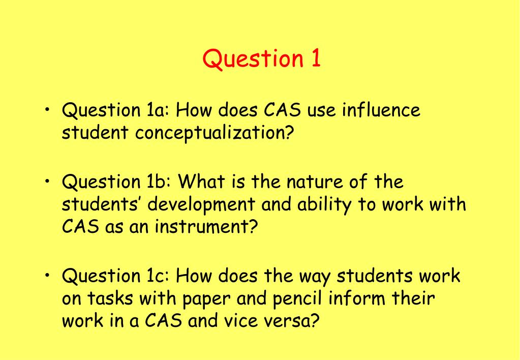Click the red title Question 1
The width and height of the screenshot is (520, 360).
tap(262, 58)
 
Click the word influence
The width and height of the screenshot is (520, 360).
tap(381, 110)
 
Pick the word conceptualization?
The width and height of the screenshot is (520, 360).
tap(214, 133)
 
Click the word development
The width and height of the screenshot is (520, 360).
tap(201, 204)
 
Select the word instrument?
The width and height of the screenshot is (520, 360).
tap(206, 227)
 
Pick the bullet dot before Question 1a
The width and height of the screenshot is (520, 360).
tap(48, 109)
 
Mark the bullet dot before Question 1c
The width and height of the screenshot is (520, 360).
tap(48, 275)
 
